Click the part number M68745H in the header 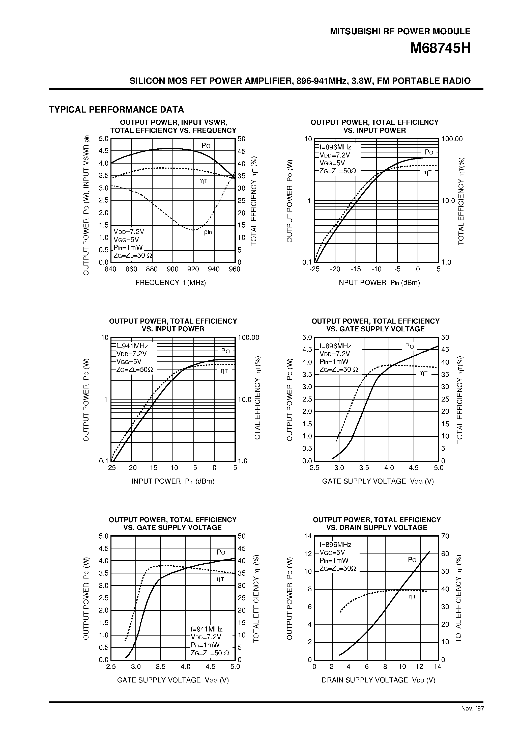pos(440,48)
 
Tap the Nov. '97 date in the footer pos(472,707)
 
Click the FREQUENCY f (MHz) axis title pos(170,282)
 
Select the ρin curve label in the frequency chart pos(208,232)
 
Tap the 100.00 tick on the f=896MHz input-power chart pos(452,139)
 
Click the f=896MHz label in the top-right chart pos(335,147)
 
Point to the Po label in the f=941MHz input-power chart pos(225,351)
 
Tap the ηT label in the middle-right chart pos(424,373)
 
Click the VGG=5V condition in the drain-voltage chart pos(332,552)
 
